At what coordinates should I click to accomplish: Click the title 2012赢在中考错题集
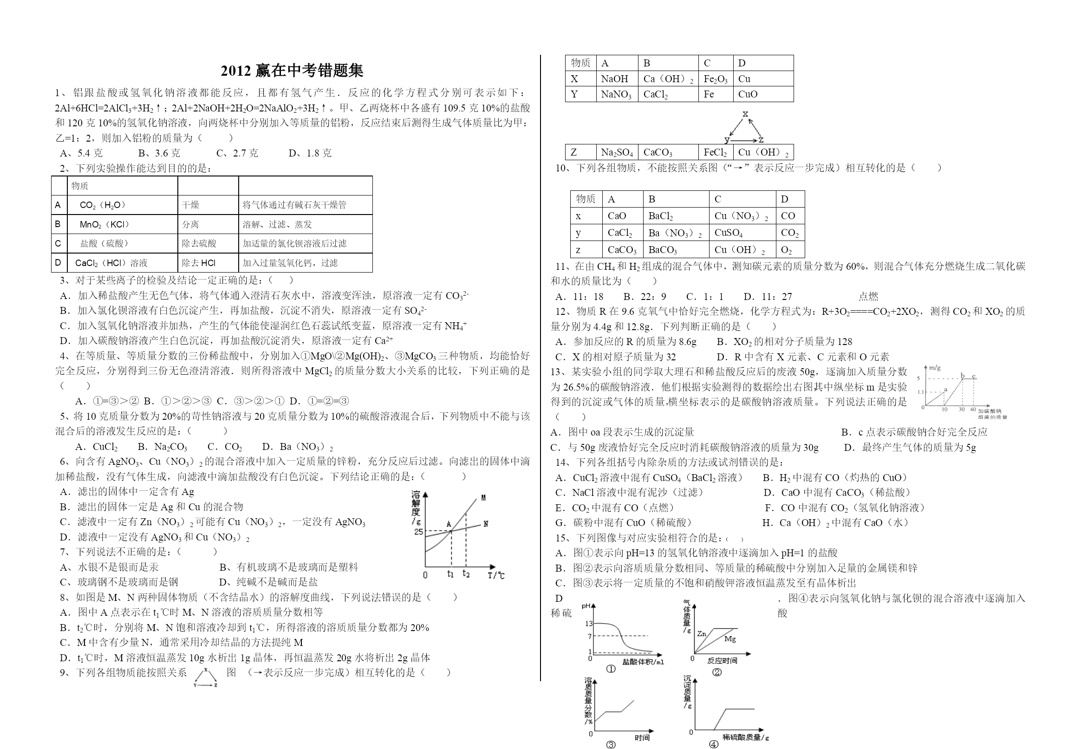(292, 71)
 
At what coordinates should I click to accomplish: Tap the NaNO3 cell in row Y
(616, 94)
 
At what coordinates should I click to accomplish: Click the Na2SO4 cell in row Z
(617, 152)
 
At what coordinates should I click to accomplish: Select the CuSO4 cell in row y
(729, 233)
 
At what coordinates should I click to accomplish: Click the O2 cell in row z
(786, 250)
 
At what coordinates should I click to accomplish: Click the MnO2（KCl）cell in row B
(104, 224)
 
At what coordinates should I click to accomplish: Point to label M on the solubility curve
(483, 498)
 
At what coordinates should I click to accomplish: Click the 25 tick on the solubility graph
(418, 532)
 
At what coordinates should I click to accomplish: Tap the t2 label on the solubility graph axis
(466, 573)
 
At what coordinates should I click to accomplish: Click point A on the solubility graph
(449, 524)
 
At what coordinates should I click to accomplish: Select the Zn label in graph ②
(702, 633)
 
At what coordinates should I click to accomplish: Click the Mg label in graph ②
(730, 638)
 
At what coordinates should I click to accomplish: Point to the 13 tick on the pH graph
(589, 624)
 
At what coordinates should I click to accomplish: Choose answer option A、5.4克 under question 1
(81, 153)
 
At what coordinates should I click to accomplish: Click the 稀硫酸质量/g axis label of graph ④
(746, 737)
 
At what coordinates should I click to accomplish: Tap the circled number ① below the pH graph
(611, 669)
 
